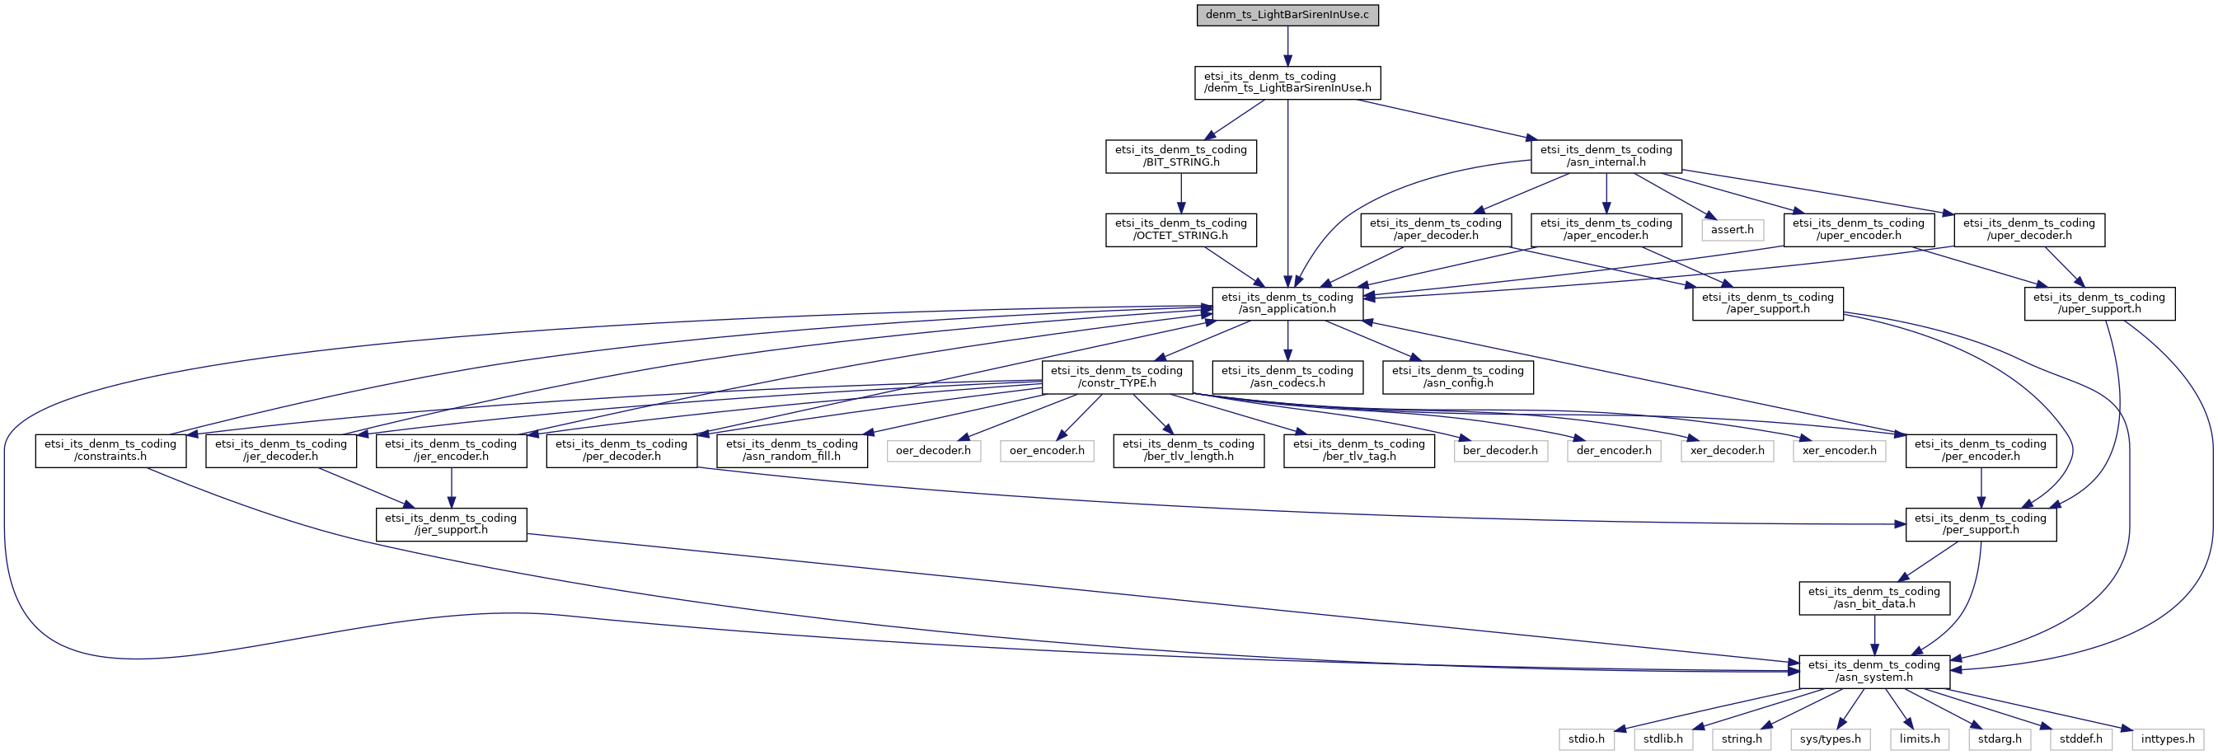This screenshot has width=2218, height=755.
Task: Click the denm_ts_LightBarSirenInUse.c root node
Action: pyautogui.click(x=1287, y=15)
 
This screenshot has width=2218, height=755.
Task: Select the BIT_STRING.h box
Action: pyautogui.click(x=1180, y=156)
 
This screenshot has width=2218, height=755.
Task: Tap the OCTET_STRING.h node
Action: pyautogui.click(x=1180, y=229)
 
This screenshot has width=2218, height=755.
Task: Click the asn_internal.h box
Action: pyautogui.click(x=1606, y=156)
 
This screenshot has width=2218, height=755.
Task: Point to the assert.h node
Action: pyautogui.click(x=1732, y=230)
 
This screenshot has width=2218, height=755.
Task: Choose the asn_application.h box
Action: pyautogui.click(x=1287, y=303)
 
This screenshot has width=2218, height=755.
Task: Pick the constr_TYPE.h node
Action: pyautogui.click(x=1117, y=377)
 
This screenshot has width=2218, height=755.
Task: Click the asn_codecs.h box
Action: pyautogui.click(x=1287, y=377)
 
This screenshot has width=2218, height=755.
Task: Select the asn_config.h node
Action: pyautogui.click(x=1458, y=377)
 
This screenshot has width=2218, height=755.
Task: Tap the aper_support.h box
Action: pyautogui.click(x=1768, y=303)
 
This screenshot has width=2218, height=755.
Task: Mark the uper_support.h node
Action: pyautogui.click(x=2099, y=303)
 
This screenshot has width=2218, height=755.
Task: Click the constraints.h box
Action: pyautogui.click(x=110, y=450)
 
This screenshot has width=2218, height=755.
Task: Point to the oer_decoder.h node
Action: pyautogui.click(x=933, y=450)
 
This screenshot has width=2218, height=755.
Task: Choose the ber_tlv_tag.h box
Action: pyautogui.click(x=1358, y=450)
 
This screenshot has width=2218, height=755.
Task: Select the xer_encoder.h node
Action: pyautogui.click(x=1839, y=450)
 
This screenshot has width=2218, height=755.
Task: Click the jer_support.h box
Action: pyautogui.click(x=451, y=524)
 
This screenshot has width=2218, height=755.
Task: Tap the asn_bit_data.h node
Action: pyautogui.click(x=1873, y=598)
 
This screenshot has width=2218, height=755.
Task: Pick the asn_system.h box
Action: pyautogui.click(x=1873, y=672)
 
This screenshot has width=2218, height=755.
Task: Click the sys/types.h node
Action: pyautogui.click(x=1830, y=739)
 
